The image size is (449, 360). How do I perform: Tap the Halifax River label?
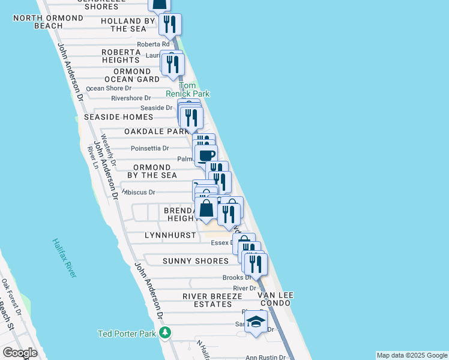64,258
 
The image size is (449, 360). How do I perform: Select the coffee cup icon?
206,155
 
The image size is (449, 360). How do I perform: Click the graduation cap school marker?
256,322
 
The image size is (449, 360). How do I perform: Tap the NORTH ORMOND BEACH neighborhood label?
48,22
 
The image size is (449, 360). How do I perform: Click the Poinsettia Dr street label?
149,148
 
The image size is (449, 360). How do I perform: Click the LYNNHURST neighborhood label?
170,236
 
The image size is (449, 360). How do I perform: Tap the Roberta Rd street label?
153,44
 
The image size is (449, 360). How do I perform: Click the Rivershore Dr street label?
131,98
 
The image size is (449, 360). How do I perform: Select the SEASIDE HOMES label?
119,117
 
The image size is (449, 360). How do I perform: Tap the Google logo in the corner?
19,353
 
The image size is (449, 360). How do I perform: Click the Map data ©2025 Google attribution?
411,355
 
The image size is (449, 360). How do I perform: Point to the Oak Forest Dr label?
11,298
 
